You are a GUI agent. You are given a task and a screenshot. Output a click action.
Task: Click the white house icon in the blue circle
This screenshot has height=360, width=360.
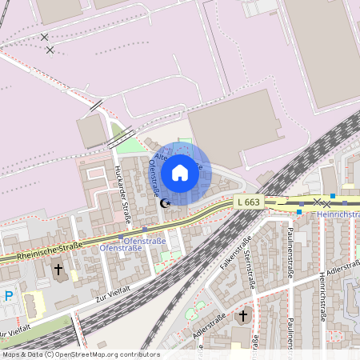180,173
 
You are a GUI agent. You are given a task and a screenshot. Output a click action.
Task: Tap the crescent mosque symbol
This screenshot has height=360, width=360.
166,203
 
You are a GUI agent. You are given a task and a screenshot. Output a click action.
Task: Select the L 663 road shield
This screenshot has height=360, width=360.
249,202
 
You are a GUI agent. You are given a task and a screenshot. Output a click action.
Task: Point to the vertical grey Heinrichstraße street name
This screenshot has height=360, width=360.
322,294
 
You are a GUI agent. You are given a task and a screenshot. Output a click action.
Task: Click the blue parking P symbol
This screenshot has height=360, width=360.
9,296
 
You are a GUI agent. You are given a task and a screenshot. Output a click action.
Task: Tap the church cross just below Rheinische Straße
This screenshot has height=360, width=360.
58,270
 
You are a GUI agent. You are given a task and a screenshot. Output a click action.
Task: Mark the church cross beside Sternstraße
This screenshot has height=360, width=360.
243,315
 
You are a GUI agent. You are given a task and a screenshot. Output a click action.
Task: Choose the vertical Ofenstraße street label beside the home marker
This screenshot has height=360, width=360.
154,177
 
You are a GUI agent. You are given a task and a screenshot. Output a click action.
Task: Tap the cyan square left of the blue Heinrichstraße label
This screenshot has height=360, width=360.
299,212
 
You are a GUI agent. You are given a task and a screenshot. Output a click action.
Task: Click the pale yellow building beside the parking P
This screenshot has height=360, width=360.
34,304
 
